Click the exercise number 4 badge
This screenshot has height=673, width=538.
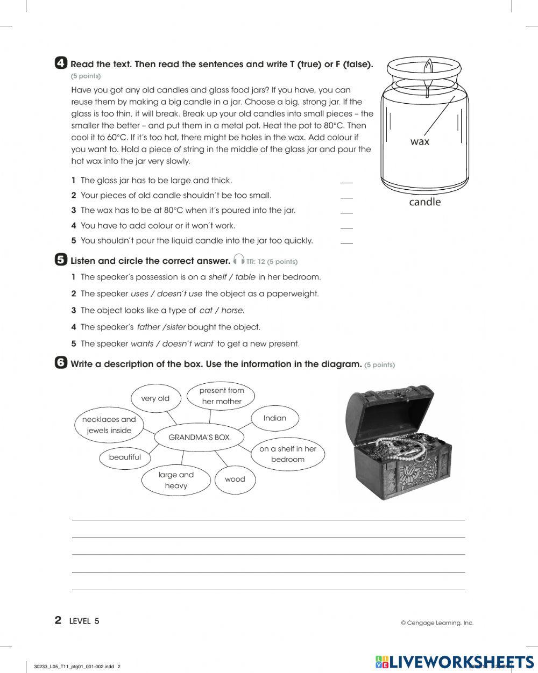click(x=61, y=63)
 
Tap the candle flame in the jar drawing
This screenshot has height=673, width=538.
click(x=428, y=69)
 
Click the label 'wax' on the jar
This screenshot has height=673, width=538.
click(x=420, y=141)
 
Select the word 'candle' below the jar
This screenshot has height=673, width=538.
click(x=424, y=202)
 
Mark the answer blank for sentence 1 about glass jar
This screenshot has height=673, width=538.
click(x=346, y=182)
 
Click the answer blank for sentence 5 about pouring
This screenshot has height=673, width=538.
click(x=346, y=242)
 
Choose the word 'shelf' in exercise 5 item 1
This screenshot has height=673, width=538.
click(x=217, y=277)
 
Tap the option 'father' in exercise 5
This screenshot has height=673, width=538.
click(x=148, y=327)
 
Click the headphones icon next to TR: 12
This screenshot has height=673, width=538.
click(x=239, y=260)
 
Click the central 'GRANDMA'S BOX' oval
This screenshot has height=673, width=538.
click(x=199, y=438)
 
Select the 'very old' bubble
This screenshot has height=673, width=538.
click(x=155, y=398)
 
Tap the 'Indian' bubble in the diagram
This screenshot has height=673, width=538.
click(x=274, y=418)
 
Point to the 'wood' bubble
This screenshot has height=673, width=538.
click(x=235, y=479)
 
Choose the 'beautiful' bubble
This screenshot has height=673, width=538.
click(x=125, y=457)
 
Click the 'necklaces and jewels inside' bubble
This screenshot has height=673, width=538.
click(x=109, y=425)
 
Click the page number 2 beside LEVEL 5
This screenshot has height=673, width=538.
click(x=58, y=620)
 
